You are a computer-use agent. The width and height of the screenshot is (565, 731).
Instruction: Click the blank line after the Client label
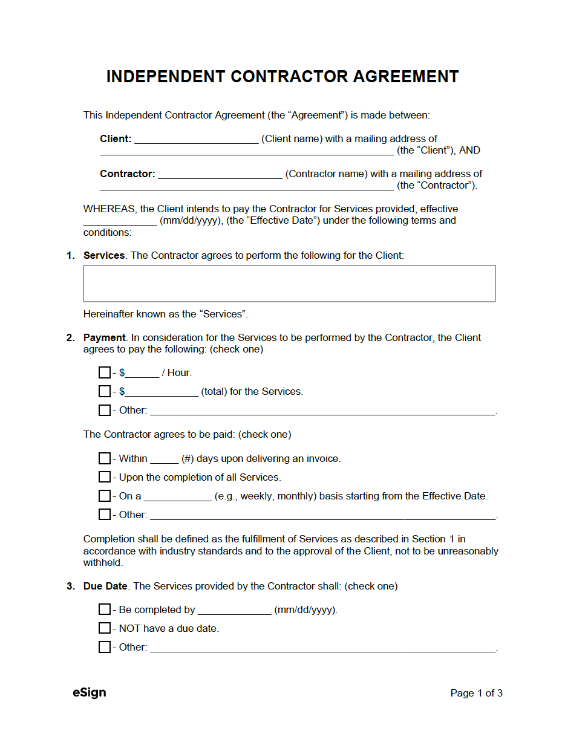pos(196,140)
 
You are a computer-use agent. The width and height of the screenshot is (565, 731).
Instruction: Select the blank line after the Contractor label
pos(220,175)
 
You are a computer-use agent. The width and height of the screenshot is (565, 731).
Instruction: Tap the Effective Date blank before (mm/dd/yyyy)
pos(120,221)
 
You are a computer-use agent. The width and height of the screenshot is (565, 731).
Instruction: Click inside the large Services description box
pos(289,283)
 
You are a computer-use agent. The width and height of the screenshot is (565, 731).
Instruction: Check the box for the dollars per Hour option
pos(105,372)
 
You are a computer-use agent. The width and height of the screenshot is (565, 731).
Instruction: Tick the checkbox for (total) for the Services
pos(105,391)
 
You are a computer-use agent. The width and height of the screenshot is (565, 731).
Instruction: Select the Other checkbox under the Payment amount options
pos(105,410)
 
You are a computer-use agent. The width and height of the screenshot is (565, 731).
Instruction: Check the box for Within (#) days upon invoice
pos(105,458)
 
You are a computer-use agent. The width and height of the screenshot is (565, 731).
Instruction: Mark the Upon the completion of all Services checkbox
pos(105,477)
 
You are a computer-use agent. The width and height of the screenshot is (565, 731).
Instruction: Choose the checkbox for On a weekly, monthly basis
pos(105,496)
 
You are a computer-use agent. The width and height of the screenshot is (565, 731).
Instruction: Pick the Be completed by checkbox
pos(105,609)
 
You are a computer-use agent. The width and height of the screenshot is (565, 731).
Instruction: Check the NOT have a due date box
pos(105,628)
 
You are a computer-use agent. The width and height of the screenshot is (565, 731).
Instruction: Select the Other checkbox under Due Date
pos(105,647)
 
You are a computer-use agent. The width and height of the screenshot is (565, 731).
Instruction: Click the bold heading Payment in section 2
pos(104,337)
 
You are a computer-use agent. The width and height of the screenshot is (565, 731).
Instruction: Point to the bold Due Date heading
pos(105,586)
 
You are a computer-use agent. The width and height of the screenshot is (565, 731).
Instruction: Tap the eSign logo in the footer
pos(90,693)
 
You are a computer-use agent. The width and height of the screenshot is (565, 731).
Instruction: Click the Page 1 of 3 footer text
pos(476,693)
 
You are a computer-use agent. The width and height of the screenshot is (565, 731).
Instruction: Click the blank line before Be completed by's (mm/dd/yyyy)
pos(234,611)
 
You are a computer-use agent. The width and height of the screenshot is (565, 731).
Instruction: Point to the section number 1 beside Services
pos(70,256)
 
